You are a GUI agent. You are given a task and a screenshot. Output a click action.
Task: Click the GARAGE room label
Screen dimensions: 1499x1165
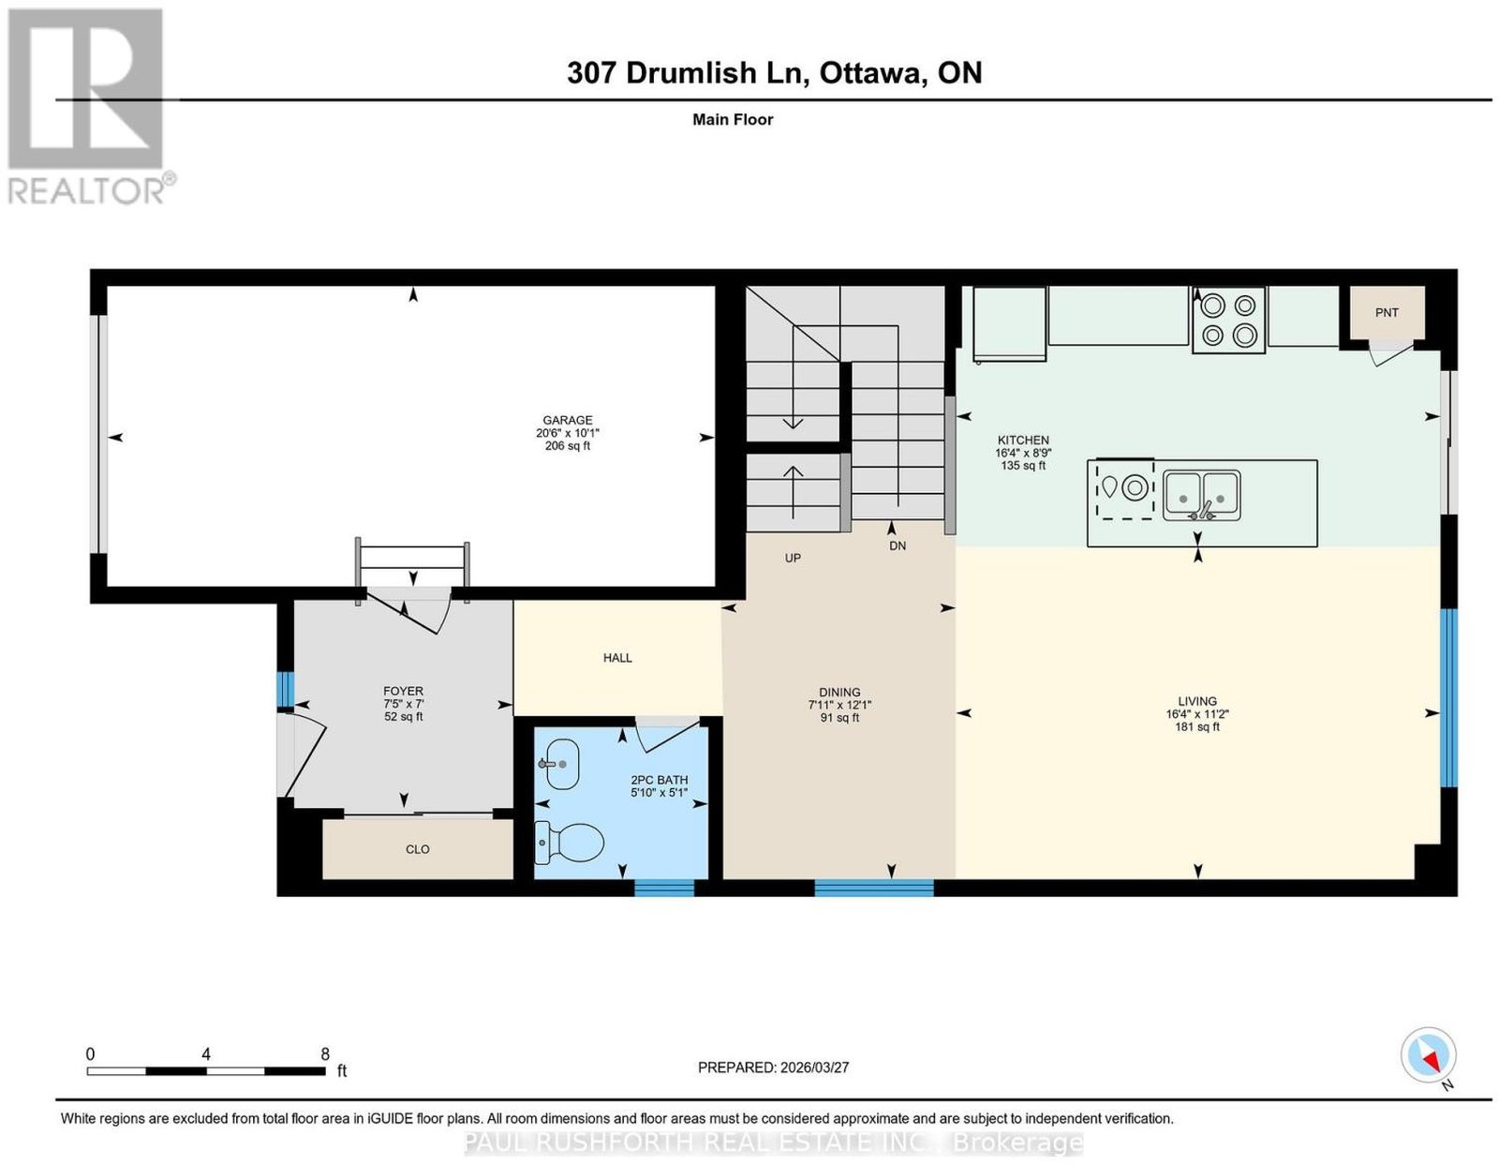567,420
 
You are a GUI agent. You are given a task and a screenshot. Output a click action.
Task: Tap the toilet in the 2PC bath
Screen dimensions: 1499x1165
569,843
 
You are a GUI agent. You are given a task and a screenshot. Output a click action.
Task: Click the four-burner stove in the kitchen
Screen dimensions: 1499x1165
1228,320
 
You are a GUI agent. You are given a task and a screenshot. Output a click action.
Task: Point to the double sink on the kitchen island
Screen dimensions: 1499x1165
1202,495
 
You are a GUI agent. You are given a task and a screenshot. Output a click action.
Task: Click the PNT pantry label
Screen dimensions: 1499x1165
1387,313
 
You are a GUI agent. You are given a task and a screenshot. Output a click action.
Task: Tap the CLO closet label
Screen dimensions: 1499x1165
417,850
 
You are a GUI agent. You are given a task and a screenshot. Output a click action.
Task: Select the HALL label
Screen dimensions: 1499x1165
617,658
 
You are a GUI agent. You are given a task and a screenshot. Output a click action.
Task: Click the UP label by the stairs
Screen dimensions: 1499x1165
793,558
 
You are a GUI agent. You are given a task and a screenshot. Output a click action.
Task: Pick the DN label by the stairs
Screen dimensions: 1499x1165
898,546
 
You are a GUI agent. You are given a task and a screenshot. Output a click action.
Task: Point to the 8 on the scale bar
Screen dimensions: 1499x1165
325,1054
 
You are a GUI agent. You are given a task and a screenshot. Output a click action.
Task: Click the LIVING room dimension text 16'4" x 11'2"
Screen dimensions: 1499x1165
1197,714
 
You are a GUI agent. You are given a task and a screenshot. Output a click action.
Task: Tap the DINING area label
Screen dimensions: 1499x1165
839,692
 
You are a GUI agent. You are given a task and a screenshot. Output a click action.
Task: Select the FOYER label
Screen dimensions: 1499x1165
404,691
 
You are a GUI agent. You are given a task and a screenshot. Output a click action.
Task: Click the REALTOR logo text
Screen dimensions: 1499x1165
87,192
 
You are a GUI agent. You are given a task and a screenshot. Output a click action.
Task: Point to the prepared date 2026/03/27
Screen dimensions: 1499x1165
814,1068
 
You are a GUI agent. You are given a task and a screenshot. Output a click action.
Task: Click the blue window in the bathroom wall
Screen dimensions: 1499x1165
663,888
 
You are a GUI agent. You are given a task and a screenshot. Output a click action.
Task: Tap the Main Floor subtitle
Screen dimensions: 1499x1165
733,120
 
